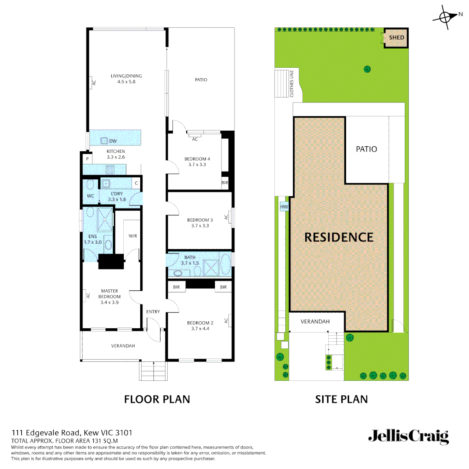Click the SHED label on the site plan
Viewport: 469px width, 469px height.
pyautogui.click(x=396, y=37)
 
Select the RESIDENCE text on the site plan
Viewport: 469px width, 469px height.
pyautogui.click(x=339, y=237)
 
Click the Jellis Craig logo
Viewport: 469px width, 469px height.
pyautogui.click(x=408, y=436)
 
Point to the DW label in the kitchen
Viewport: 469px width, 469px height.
pyautogui.click(x=113, y=141)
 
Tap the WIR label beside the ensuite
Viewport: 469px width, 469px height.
pyautogui.click(x=133, y=236)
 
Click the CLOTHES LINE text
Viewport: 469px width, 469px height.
pyautogui.click(x=292, y=83)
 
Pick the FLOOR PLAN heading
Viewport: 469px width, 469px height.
pyautogui.click(x=157, y=399)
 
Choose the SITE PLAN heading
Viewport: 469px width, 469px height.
pyautogui.click(x=341, y=399)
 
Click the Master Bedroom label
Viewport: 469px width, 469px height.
pyautogui.click(x=109, y=294)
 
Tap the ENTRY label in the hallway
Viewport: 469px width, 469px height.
pyautogui.click(x=153, y=312)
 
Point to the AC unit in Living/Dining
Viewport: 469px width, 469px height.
pyautogui.click(x=93, y=83)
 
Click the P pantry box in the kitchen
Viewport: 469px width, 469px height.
pyautogui.click(x=87, y=159)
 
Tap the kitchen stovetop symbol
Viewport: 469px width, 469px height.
pyautogui.click(x=110, y=169)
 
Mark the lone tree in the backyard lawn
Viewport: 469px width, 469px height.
pyautogui.click(x=367, y=69)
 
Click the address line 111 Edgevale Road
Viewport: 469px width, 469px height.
pyautogui.click(x=72, y=433)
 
